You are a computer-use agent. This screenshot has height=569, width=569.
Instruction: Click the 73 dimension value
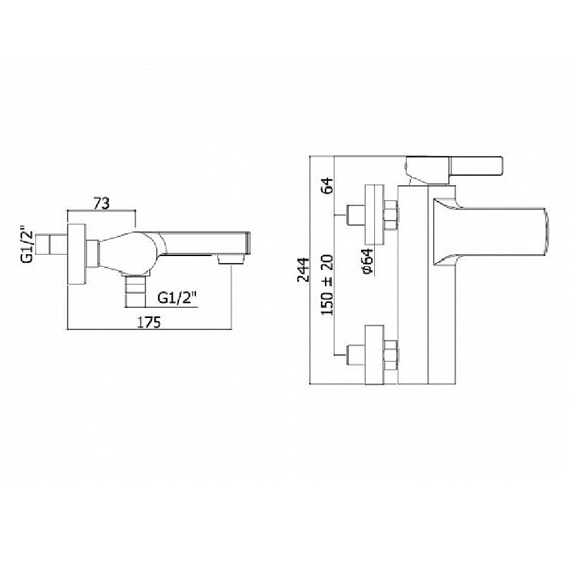pyautogui.click(x=102, y=204)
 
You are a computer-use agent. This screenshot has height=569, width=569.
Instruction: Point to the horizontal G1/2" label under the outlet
pyautogui.click(x=177, y=298)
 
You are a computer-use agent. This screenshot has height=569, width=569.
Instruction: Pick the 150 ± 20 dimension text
pyautogui.click(x=327, y=285)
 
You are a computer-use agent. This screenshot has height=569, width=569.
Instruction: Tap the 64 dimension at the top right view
pyautogui.click(x=327, y=185)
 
